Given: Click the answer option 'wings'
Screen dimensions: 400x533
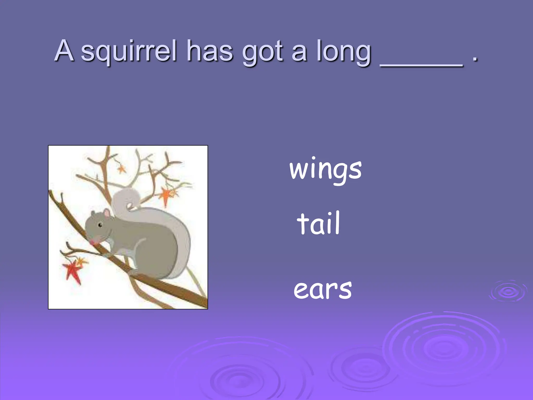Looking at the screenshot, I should pyautogui.click(x=325, y=170).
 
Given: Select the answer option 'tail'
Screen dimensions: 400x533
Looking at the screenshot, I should pyautogui.click(x=319, y=223).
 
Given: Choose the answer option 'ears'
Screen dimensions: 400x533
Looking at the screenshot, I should pyautogui.click(x=323, y=290).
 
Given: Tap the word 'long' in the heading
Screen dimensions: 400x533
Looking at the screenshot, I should pyautogui.click(x=344, y=52).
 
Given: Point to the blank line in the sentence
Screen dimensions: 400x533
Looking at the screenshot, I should pyautogui.click(x=422, y=65).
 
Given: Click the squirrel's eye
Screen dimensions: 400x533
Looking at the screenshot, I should pyautogui.click(x=100, y=224).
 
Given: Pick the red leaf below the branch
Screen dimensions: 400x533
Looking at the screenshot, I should pyautogui.click(x=72, y=271).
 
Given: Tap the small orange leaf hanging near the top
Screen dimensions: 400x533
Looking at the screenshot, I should pyautogui.click(x=121, y=169).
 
